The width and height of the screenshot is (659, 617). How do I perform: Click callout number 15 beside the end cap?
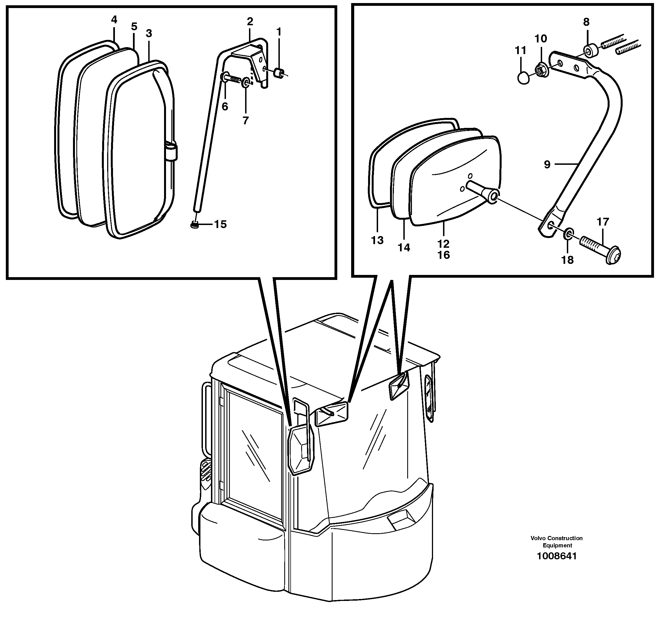(220, 224)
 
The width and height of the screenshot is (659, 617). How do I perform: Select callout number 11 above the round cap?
(520, 51)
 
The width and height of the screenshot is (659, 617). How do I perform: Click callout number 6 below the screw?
(225, 107)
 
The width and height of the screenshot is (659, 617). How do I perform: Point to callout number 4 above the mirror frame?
(114, 20)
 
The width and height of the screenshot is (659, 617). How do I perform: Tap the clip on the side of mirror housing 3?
(171, 151)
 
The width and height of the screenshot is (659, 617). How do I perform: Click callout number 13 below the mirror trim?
(377, 240)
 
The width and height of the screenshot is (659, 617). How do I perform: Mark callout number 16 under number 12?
(444, 255)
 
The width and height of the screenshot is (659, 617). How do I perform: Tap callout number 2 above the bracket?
(250, 22)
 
